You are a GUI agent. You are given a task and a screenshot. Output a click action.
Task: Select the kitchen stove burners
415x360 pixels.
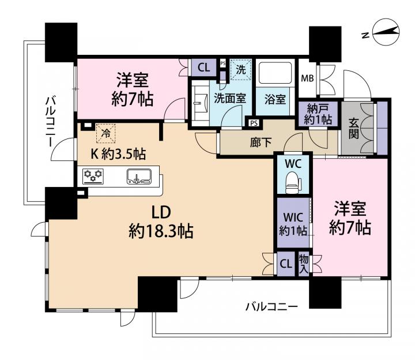[x=93, y=176]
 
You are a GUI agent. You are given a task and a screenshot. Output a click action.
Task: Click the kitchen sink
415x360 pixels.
[x=139, y=176]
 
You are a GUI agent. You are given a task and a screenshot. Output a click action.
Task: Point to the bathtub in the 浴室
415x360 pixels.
[x=275, y=73]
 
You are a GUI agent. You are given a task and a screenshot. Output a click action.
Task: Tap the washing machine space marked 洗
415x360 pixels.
[x=240, y=70]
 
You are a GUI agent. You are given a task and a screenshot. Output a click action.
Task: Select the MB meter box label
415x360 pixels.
[x=307, y=78]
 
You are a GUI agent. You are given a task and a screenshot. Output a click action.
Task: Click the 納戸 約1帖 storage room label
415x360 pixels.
[x=318, y=114]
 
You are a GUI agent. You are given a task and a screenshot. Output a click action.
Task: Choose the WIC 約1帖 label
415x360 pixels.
[x=293, y=224]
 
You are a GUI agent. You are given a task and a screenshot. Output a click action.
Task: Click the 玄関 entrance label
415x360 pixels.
[x=353, y=128]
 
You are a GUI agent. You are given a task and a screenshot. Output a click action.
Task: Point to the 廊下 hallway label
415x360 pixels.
[x=261, y=142]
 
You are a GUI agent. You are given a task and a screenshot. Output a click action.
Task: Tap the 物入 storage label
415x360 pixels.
[x=304, y=264]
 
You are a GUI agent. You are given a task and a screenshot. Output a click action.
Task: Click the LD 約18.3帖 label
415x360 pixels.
[x=161, y=223]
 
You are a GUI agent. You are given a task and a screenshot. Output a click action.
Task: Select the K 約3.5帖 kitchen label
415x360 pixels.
[x=118, y=154]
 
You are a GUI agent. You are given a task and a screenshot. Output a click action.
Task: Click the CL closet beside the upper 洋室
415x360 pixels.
[x=204, y=67]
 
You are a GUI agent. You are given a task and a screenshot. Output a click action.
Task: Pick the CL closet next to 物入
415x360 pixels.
[x=286, y=264]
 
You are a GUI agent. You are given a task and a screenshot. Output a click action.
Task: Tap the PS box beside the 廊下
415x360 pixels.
[x=254, y=123]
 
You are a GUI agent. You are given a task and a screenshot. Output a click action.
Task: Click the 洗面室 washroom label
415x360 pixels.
[x=230, y=99]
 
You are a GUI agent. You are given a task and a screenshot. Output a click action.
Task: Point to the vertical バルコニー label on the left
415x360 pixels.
[x=51, y=122]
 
